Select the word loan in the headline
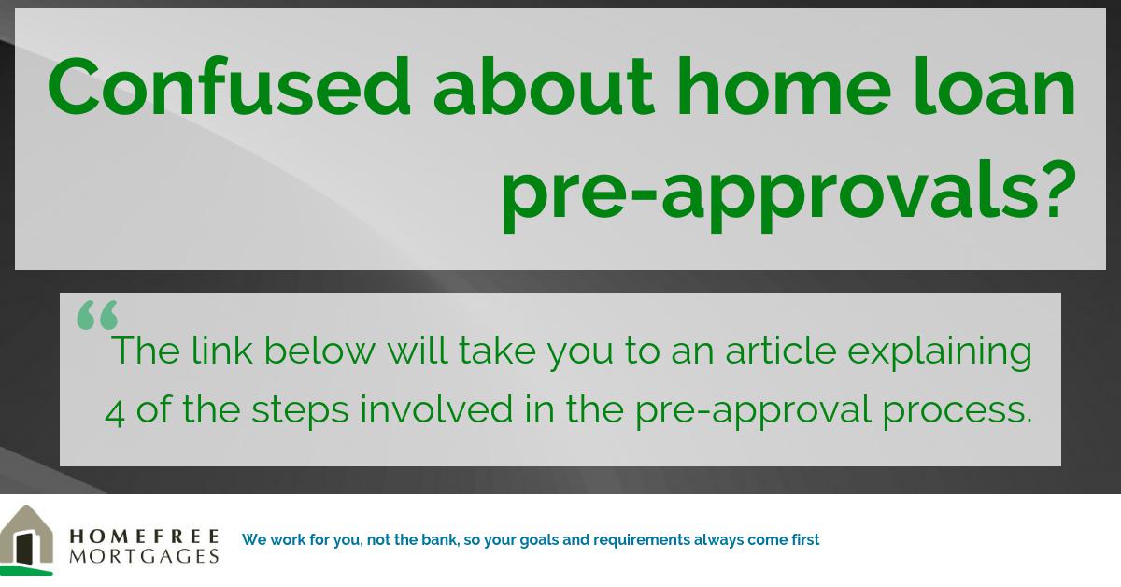[x=1003, y=87]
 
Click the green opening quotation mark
[x=97, y=315]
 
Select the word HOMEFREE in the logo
[x=145, y=536]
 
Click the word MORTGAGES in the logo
[x=145, y=556]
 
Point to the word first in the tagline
[x=804, y=539]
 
